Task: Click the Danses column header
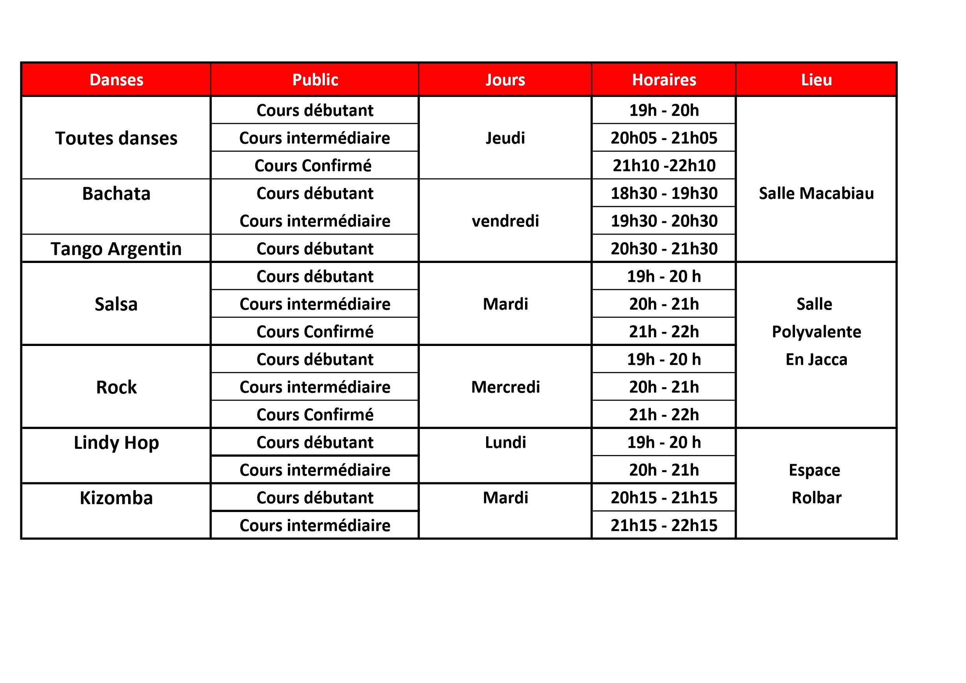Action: coord(116,80)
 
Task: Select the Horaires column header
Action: coord(664,80)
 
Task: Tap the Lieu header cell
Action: coord(816,80)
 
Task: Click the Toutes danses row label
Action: coord(116,138)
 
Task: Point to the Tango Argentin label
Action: coord(116,249)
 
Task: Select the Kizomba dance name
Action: coord(116,498)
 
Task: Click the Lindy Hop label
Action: coord(116,442)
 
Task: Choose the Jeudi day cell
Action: coord(505,138)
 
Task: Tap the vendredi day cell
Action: coord(505,221)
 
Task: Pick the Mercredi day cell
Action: coord(505,387)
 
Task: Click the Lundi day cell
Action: coord(505,442)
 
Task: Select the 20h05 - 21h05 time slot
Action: coord(664,138)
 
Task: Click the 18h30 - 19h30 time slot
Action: coord(664,193)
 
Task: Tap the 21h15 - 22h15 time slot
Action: coord(664,525)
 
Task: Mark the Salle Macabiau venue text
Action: coord(816,193)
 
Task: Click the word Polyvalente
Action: coord(816,332)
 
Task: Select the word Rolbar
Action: coord(816,498)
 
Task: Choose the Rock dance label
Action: coord(116,387)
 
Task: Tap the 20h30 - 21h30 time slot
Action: coord(664,249)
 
